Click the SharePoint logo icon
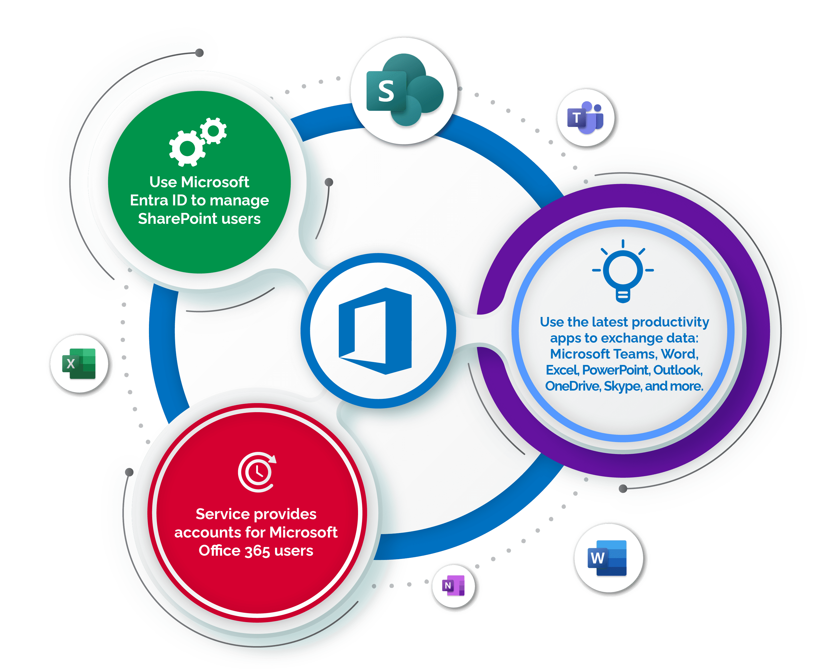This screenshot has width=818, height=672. (404, 90)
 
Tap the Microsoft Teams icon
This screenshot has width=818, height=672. (585, 118)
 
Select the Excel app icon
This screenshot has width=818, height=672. (79, 364)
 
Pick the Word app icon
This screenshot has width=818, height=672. (607, 558)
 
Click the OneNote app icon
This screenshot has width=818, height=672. (453, 585)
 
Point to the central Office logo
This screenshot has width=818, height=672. (375, 331)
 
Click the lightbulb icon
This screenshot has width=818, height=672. (623, 271)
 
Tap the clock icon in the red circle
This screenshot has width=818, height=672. (257, 472)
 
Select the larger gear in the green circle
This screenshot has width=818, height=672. (187, 148)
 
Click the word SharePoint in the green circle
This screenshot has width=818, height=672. (177, 219)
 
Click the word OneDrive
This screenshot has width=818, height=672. (572, 386)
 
